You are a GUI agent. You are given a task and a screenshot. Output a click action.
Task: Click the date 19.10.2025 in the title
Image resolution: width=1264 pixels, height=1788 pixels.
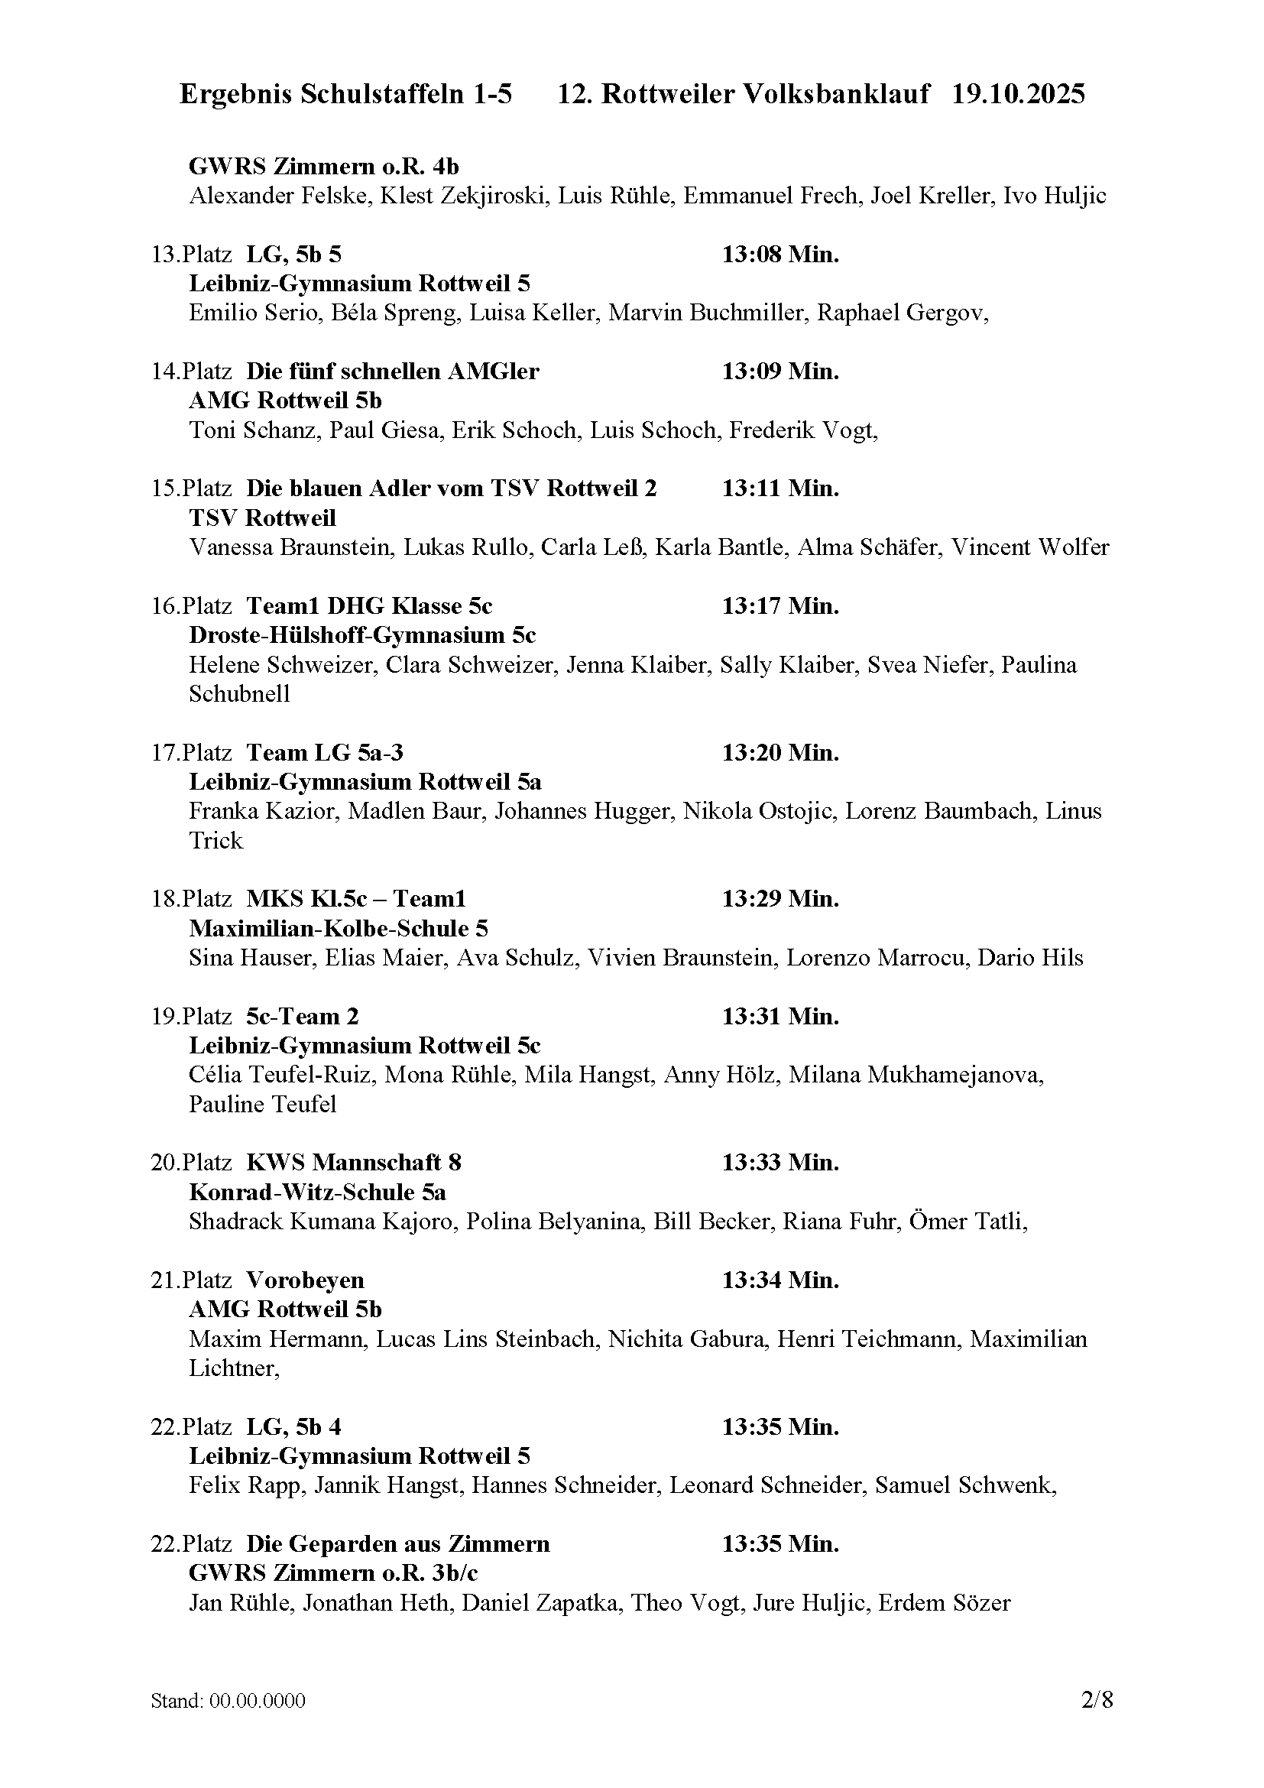pyautogui.click(x=1018, y=94)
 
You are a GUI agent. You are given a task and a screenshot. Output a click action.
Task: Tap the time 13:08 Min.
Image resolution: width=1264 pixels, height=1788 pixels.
pyautogui.click(x=780, y=254)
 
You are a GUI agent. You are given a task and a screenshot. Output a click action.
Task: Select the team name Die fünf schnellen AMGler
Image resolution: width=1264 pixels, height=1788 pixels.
pyautogui.click(x=392, y=372)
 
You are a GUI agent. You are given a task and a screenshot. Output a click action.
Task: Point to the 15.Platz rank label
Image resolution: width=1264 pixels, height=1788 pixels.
pyautogui.click(x=191, y=488)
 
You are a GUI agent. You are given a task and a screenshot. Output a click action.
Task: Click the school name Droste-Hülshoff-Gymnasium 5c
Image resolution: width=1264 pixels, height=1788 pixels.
pyautogui.click(x=362, y=634)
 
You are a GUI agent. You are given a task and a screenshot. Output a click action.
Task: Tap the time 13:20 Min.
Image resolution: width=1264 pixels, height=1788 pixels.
pyautogui.click(x=780, y=752)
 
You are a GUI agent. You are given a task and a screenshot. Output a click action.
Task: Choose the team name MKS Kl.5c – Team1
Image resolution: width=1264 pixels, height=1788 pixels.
pyautogui.click(x=355, y=899)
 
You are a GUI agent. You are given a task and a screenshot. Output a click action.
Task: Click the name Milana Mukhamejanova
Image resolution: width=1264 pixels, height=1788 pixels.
pyautogui.click(x=916, y=1075)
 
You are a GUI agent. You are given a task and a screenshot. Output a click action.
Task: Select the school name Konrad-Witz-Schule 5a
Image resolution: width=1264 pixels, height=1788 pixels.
pyautogui.click(x=318, y=1193)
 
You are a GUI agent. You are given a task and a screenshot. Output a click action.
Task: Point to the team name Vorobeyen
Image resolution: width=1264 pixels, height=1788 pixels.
pyautogui.click(x=305, y=1280)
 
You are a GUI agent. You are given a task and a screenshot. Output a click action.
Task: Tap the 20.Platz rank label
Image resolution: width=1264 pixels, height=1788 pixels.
pyautogui.click(x=191, y=1163)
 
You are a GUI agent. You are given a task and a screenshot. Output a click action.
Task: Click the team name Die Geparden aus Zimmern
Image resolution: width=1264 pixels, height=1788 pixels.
pyautogui.click(x=397, y=1543)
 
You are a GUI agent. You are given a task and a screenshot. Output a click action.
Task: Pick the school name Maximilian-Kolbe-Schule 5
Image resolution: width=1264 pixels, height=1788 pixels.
pyautogui.click(x=339, y=928)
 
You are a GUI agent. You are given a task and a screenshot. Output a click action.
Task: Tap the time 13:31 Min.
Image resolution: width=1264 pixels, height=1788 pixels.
pyautogui.click(x=780, y=1016)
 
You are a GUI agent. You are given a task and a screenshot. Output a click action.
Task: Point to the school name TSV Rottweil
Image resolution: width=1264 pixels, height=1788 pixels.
pyautogui.click(x=262, y=518)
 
